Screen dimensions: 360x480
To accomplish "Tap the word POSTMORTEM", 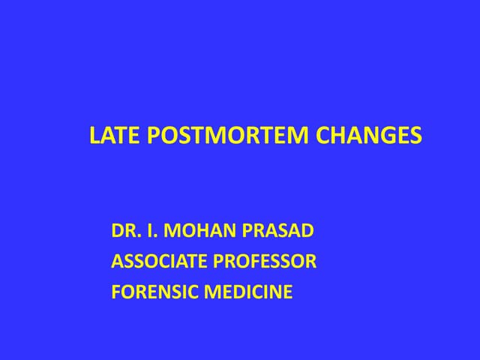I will (224, 136).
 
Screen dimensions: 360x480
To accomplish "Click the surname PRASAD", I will (278, 231).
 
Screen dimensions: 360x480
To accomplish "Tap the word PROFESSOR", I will (265, 262).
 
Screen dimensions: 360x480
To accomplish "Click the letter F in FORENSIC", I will (115, 292).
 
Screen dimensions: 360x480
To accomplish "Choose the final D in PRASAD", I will (307, 231).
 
